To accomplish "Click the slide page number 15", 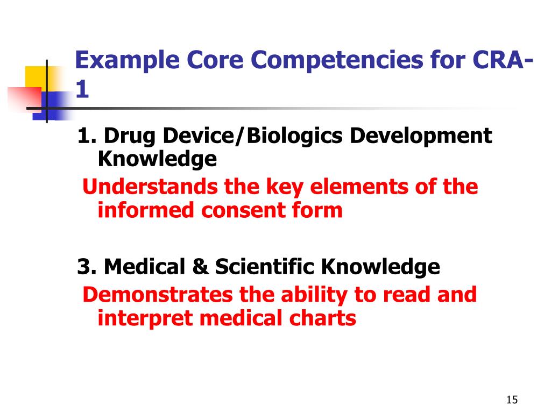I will point(512,400).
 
